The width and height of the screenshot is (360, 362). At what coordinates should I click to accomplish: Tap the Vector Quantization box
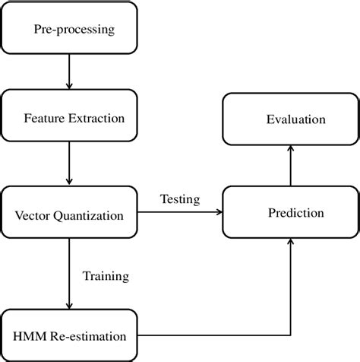point(69,215)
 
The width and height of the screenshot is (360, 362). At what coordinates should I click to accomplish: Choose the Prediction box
point(290,212)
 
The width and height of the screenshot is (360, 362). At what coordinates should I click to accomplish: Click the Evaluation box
point(290,119)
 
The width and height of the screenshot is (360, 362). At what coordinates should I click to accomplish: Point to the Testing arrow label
point(180,200)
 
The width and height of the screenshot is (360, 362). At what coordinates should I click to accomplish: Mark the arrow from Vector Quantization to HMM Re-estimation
point(69,274)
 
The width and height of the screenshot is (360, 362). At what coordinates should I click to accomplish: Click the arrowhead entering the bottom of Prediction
point(290,243)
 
